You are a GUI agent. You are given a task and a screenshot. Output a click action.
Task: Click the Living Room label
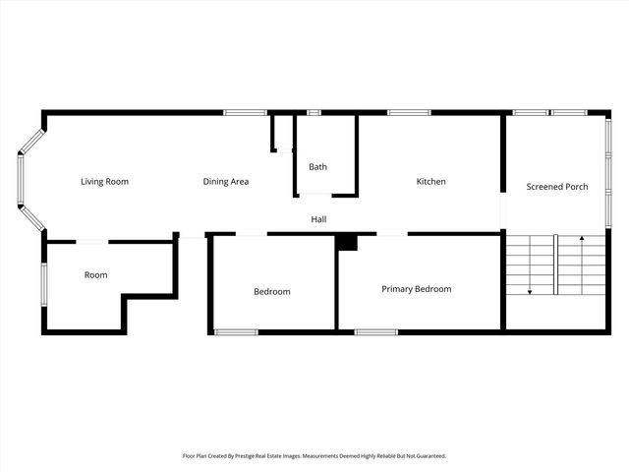104,182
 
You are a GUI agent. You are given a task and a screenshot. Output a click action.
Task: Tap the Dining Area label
225,182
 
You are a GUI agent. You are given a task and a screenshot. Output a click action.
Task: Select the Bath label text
317,167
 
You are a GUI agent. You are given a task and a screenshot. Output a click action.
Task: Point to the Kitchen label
430,182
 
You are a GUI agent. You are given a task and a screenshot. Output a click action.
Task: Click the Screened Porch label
557,187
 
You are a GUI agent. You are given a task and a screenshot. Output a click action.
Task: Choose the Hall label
318,219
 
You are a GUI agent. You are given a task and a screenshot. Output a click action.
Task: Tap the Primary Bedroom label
416,289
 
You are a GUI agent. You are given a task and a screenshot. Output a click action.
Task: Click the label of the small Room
95,275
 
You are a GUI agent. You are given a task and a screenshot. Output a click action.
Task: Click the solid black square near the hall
346,242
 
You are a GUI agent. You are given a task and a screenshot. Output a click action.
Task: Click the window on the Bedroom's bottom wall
236,331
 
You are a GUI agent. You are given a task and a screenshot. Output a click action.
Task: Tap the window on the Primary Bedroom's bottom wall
375,331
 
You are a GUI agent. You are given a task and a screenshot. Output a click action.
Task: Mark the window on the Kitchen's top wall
408,112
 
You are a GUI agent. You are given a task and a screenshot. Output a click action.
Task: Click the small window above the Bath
314,112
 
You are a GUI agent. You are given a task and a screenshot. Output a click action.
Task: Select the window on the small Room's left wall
43,285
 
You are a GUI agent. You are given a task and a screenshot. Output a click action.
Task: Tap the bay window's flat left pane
18,180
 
